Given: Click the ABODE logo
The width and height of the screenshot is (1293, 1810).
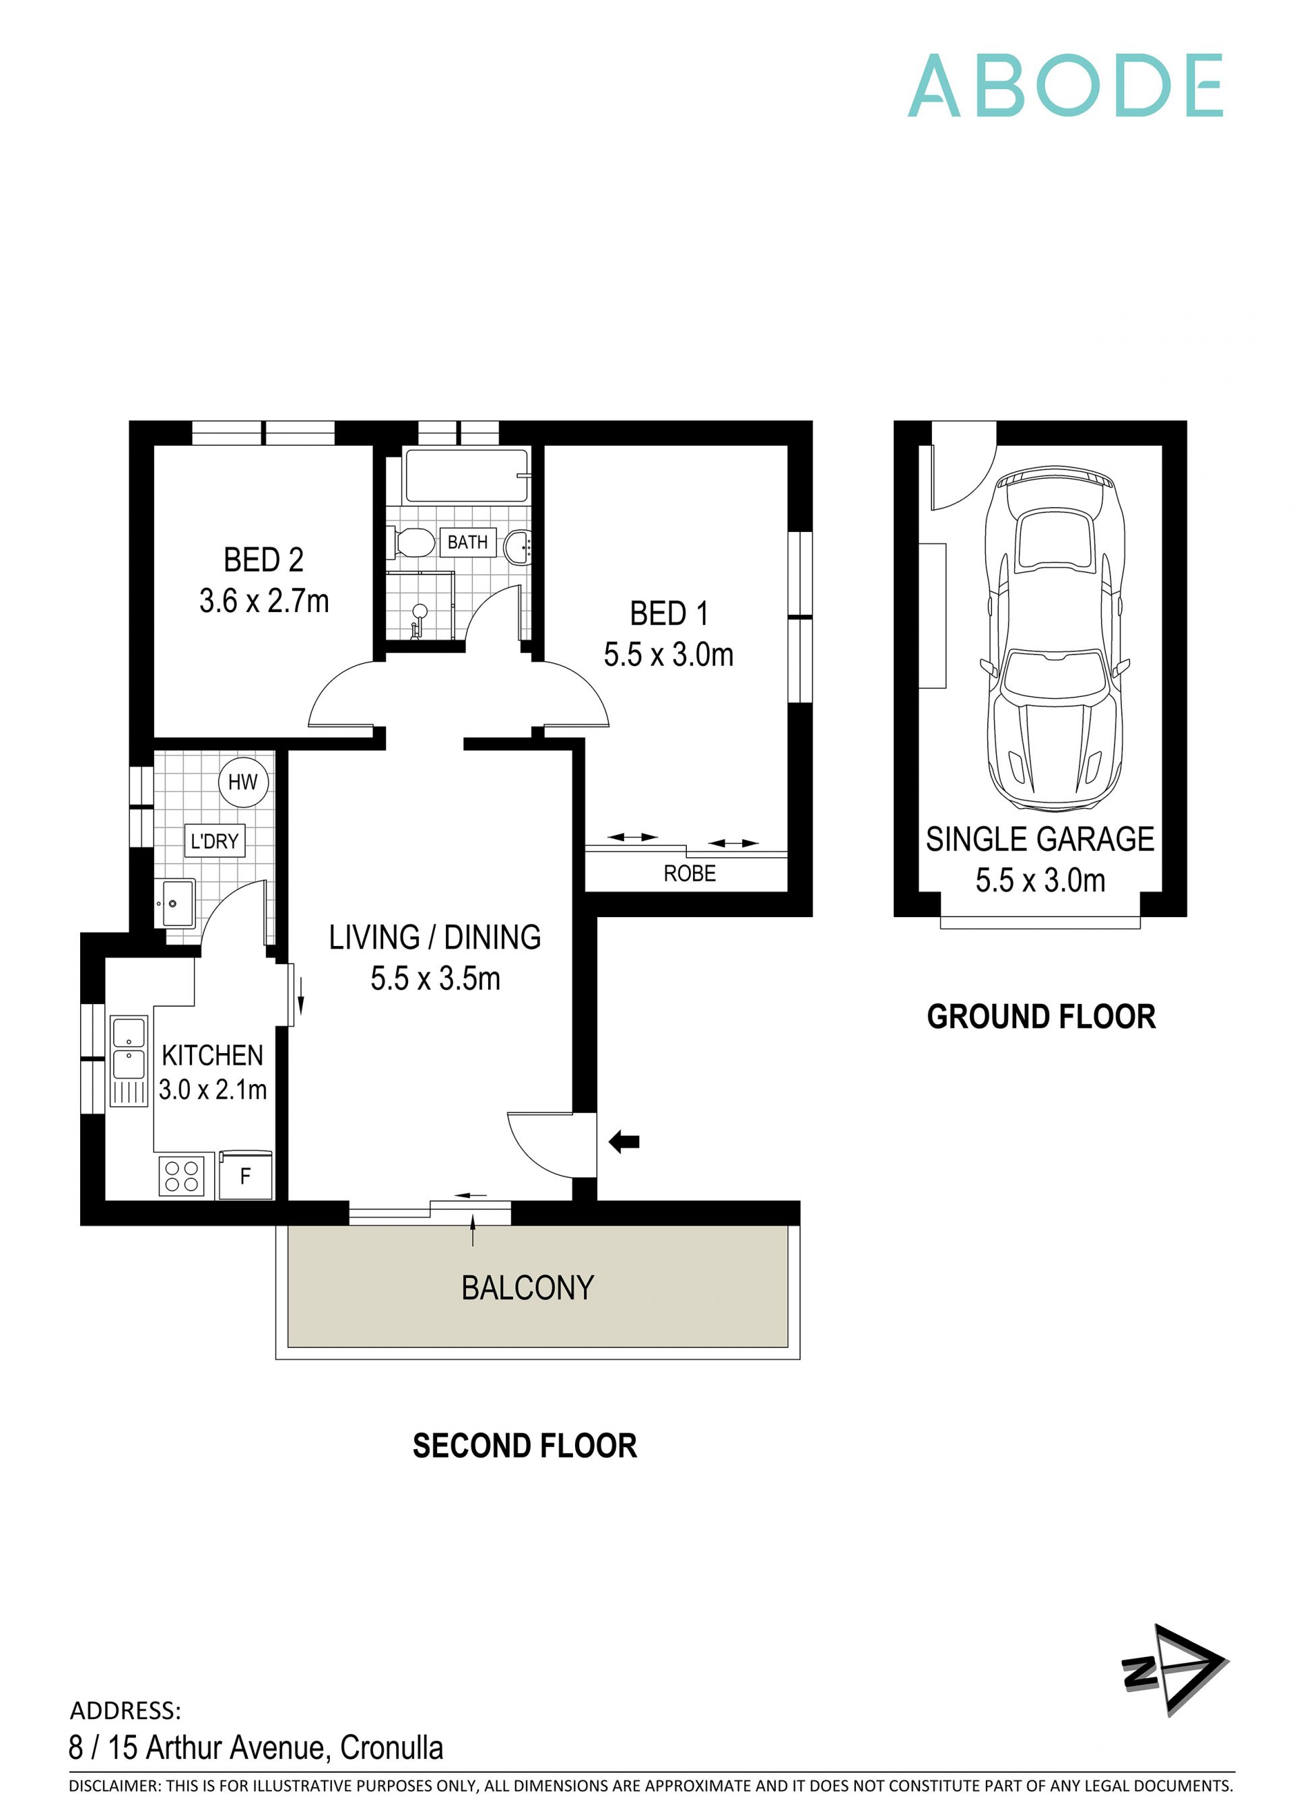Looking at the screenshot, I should click(1065, 86).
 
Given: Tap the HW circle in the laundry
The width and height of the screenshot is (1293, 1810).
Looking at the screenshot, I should click(243, 782).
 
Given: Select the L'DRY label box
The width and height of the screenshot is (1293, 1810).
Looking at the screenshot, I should click(214, 840).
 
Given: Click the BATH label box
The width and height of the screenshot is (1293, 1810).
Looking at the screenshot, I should click(467, 542).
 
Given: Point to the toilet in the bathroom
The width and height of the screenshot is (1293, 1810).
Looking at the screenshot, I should click(414, 543).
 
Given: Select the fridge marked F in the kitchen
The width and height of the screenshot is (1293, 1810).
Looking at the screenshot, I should click(245, 1176).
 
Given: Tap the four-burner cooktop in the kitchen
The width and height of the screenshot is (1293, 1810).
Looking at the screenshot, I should click(182, 1177).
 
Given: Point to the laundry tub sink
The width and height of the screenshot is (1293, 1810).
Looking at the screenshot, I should click(178, 904).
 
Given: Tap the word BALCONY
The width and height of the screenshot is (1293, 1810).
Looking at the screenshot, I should click(528, 1287).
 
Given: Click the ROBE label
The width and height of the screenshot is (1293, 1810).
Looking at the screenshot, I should click(690, 874).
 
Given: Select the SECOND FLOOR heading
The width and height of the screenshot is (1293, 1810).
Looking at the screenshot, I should click(525, 1446).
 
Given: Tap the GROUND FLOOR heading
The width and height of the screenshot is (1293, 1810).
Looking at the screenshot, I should click(1040, 1017).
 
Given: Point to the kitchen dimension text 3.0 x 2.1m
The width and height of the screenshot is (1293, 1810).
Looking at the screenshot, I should click(213, 1089).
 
